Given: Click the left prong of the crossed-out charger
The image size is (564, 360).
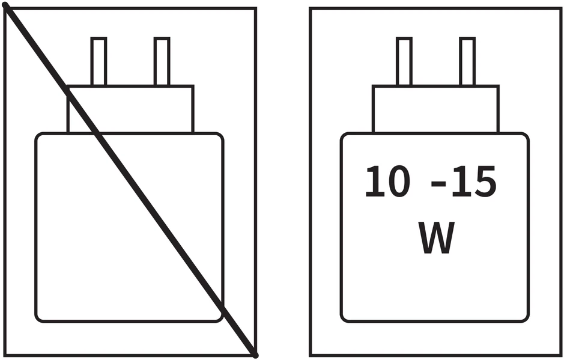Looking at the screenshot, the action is pyautogui.click(x=99, y=61).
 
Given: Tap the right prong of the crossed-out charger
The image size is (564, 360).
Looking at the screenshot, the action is pyautogui.click(x=162, y=61).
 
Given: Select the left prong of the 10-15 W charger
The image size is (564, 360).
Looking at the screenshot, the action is pyautogui.click(x=404, y=61).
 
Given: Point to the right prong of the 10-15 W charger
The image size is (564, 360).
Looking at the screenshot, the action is pyautogui.click(x=467, y=61).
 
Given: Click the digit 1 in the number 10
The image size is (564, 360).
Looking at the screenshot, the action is pyautogui.click(x=374, y=182).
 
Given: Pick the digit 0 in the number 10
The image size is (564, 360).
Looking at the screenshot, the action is pyautogui.click(x=398, y=182).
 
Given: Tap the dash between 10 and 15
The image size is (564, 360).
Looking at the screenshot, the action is pyautogui.click(x=438, y=184).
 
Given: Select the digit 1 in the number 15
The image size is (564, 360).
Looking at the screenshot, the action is pyautogui.click(x=461, y=182).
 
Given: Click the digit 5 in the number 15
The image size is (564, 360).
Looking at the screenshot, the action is pyautogui.click(x=485, y=182).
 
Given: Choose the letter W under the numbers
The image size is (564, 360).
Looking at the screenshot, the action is pyautogui.click(x=436, y=237).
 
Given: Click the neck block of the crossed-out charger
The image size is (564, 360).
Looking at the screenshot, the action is pyautogui.click(x=130, y=109).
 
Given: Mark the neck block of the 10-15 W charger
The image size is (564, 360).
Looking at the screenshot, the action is pyautogui.click(x=435, y=109).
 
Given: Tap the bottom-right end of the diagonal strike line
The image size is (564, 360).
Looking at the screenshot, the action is pyautogui.click(x=255, y=356).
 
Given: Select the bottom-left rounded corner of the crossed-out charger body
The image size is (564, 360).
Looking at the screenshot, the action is pyautogui.click(x=38, y=319).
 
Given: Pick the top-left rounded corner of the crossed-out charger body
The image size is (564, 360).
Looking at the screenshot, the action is pyautogui.click(x=38, y=136).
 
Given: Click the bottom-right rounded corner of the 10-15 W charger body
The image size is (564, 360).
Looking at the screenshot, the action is pyautogui.click(x=526, y=319).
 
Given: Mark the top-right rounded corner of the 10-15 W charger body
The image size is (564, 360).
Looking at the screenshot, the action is pyautogui.click(x=526, y=136).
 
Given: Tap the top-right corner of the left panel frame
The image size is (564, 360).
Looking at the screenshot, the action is pyautogui.click(x=256, y=8).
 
